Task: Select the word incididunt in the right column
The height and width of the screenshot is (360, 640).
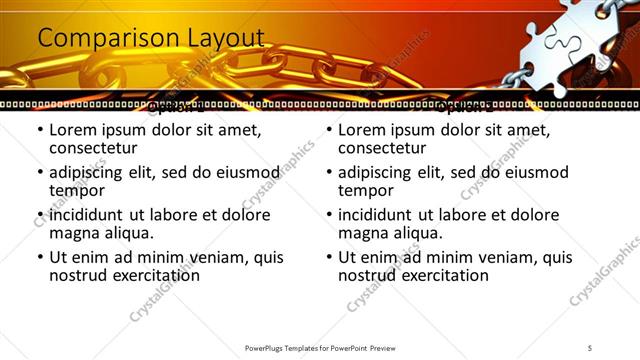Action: [382, 215]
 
